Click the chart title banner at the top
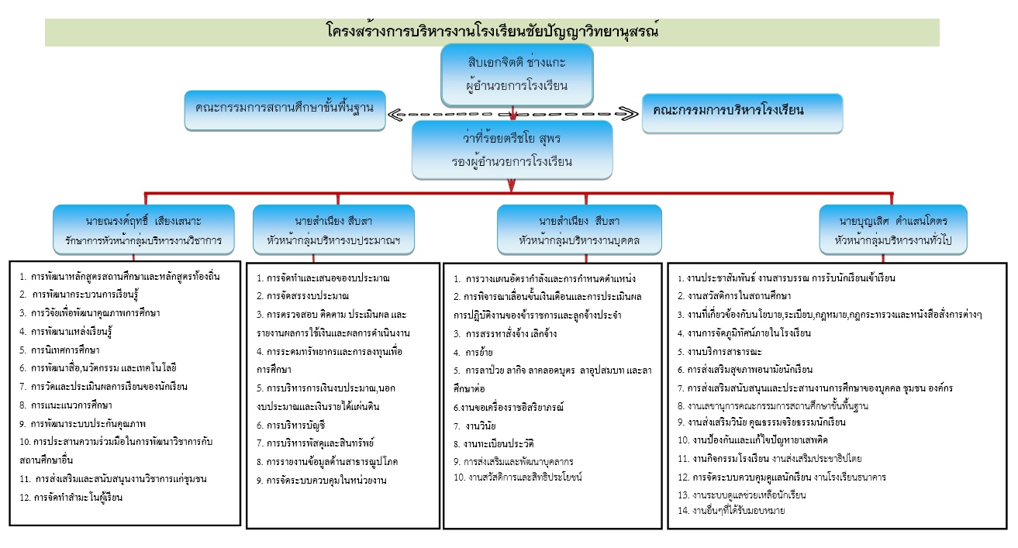coord(492,32)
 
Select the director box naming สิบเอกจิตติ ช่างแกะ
coord(517,74)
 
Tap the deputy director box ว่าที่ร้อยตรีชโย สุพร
coord(511,150)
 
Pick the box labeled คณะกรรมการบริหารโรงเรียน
coord(742,111)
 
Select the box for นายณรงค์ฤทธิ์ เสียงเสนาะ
coord(143,229)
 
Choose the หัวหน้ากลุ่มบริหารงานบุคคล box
coord(579,229)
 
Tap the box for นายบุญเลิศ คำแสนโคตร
coord(893,229)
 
